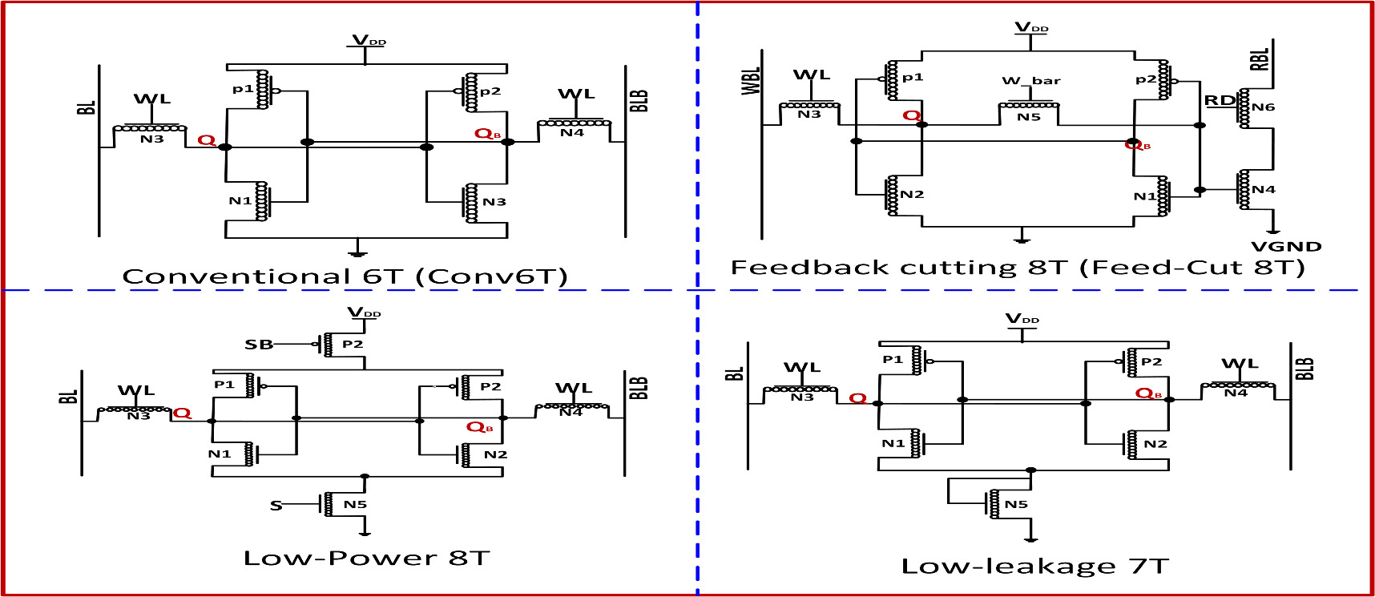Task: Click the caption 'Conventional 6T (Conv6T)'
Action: click(345, 276)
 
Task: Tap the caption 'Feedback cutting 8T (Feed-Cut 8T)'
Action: click(1017, 267)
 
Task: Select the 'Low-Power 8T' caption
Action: click(366, 558)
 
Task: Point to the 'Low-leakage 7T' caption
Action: click(1034, 567)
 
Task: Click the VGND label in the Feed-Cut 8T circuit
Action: click(1285, 247)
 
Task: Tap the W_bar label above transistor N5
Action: click(1030, 81)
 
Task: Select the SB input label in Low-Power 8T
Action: click(258, 345)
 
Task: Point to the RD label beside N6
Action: click(1220, 100)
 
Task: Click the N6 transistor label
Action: click(1264, 107)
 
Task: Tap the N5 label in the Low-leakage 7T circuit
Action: click(1016, 504)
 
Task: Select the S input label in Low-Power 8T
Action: click(276, 506)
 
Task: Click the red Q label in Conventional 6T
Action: click(206, 140)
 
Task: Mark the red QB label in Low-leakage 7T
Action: click(1147, 393)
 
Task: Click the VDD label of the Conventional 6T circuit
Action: click(369, 40)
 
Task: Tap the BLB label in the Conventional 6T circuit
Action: click(639, 100)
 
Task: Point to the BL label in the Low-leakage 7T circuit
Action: click(735, 373)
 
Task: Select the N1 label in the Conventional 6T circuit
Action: click(240, 201)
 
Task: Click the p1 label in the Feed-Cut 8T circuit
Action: click(912, 77)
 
